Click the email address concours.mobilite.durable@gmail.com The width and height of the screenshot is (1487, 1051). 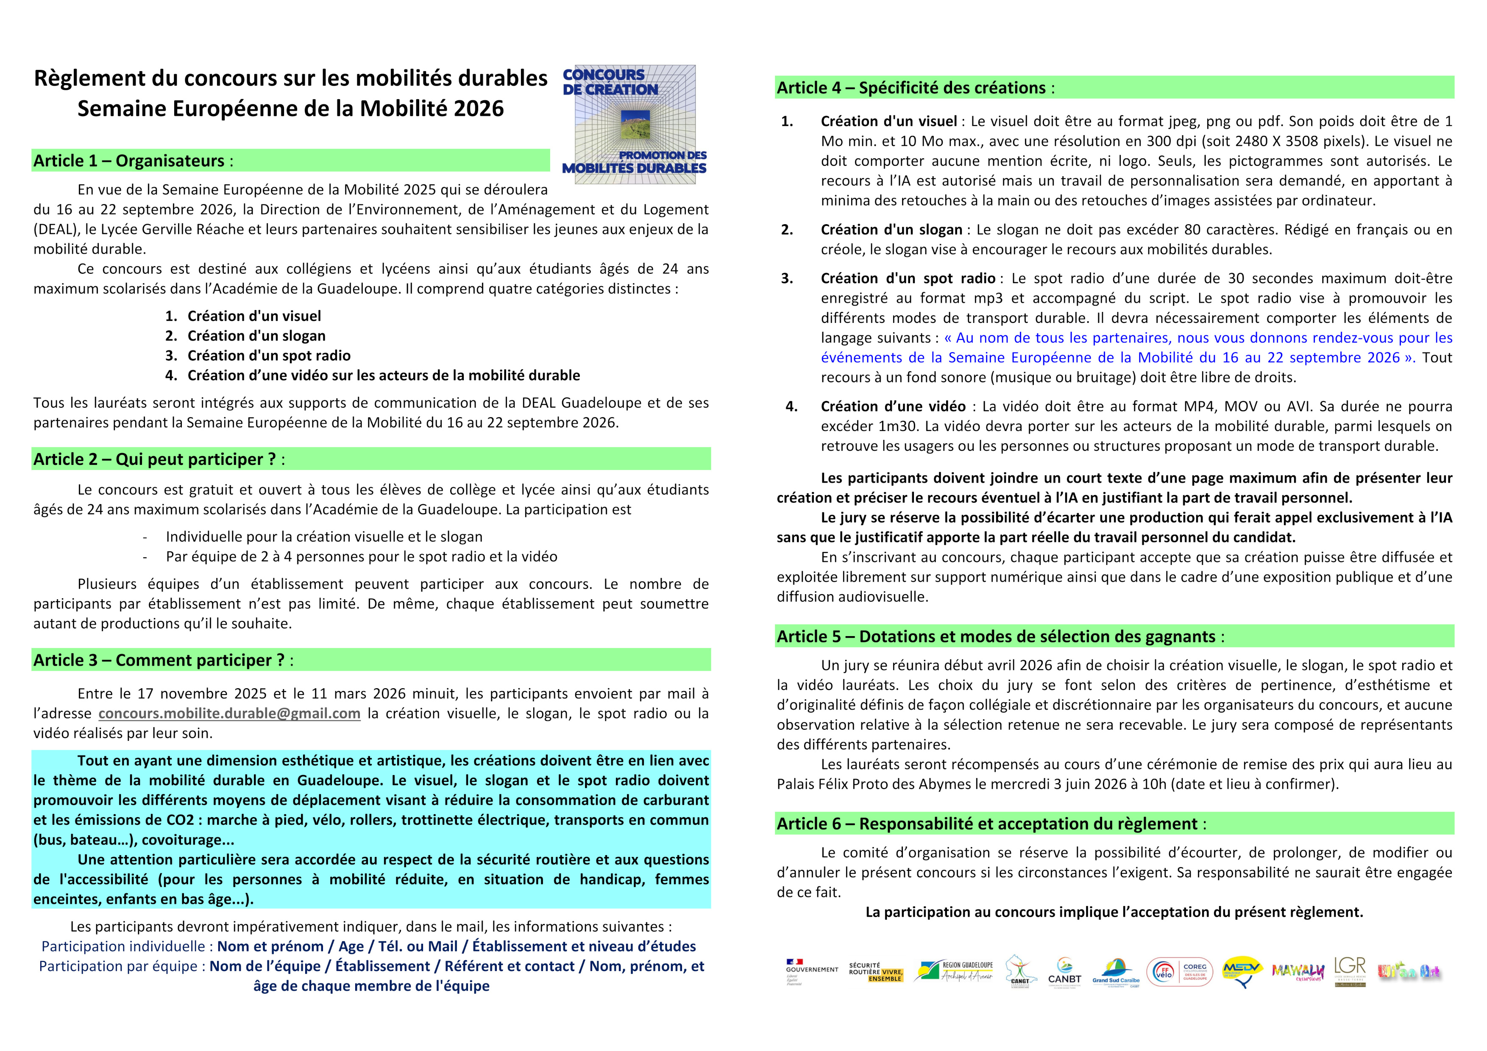(x=229, y=714)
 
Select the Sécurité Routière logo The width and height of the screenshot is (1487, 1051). (x=876, y=971)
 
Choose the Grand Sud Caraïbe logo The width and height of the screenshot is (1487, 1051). (x=1116, y=971)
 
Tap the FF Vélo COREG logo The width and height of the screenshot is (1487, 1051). (x=1179, y=971)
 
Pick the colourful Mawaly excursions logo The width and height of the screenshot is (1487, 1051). (x=1297, y=971)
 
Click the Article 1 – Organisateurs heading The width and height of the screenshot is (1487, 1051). (x=133, y=161)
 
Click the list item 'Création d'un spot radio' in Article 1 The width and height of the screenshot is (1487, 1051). (x=269, y=356)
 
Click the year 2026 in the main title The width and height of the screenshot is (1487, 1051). (x=479, y=109)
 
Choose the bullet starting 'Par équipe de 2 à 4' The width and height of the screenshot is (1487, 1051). (x=362, y=557)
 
